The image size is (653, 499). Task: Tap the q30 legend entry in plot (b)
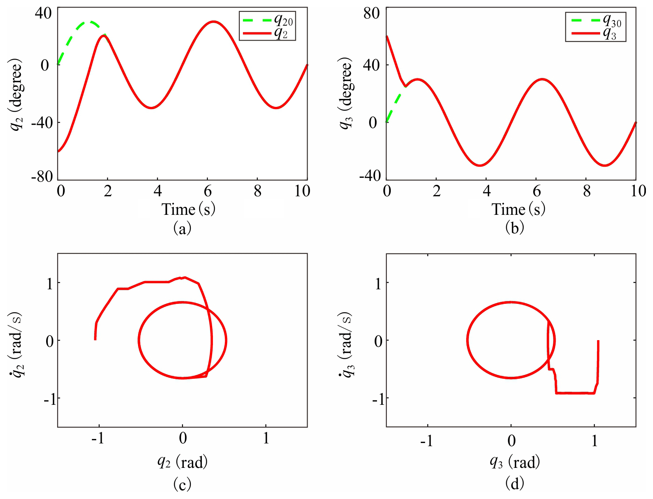click(595, 20)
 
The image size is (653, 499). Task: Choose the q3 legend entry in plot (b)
click(595, 34)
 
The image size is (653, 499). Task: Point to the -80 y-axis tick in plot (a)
click(42, 176)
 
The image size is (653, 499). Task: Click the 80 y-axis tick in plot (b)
click(371, 13)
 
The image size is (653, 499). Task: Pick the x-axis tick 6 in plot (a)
click(208, 191)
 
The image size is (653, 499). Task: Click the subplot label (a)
click(182, 228)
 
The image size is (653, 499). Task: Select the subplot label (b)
click(514, 227)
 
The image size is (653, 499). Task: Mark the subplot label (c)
click(182, 484)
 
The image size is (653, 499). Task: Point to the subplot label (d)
click(514, 484)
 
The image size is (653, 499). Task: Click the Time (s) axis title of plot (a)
click(188, 209)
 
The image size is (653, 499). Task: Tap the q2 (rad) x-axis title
click(182, 462)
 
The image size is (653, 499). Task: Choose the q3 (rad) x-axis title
click(514, 462)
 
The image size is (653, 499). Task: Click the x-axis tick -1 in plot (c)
click(97, 438)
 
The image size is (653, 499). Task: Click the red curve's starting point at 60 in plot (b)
click(387, 37)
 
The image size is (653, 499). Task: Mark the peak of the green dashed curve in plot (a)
click(90, 22)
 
